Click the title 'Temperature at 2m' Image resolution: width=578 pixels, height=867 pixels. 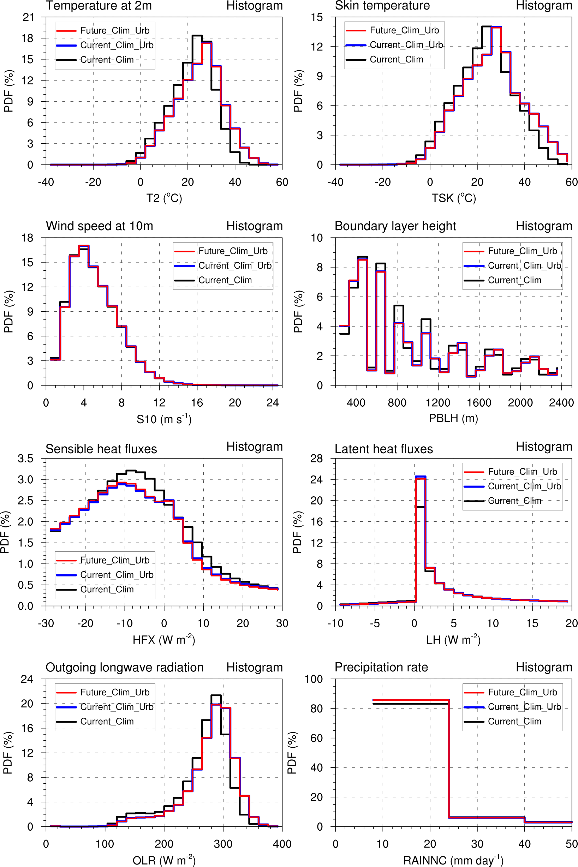coord(99,6)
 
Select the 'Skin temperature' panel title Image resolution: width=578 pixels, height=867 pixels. coord(382,6)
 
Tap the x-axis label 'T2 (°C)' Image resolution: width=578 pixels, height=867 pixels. coord(164,198)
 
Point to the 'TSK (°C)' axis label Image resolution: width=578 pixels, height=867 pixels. coord(453,198)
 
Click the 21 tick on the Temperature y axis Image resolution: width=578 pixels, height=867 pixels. coord(28,17)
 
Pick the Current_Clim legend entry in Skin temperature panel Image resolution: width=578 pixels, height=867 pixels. coord(396,59)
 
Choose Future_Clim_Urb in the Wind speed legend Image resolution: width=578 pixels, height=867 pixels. coord(233,251)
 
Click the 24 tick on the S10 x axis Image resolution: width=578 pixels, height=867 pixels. coord(273,403)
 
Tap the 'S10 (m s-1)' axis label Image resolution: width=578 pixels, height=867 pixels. coord(164,419)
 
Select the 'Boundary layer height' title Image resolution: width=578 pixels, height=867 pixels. coord(395,226)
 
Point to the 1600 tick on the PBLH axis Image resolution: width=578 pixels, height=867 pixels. coord(479,403)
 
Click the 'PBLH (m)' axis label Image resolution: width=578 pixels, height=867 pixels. coord(453,418)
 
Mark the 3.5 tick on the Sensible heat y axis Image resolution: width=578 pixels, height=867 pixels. coord(25,459)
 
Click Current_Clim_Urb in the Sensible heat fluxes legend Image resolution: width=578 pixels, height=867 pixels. coord(117,575)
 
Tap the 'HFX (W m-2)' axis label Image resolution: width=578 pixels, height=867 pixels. coord(164,640)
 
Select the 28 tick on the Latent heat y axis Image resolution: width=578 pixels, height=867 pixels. coord(316,459)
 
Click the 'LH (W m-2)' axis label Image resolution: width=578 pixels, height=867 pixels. coord(453,640)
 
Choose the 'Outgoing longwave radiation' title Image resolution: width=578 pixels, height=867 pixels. coord(124,667)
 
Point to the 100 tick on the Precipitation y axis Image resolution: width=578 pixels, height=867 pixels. coord(314,679)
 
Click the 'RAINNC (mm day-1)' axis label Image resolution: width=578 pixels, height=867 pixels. coord(453,860)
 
